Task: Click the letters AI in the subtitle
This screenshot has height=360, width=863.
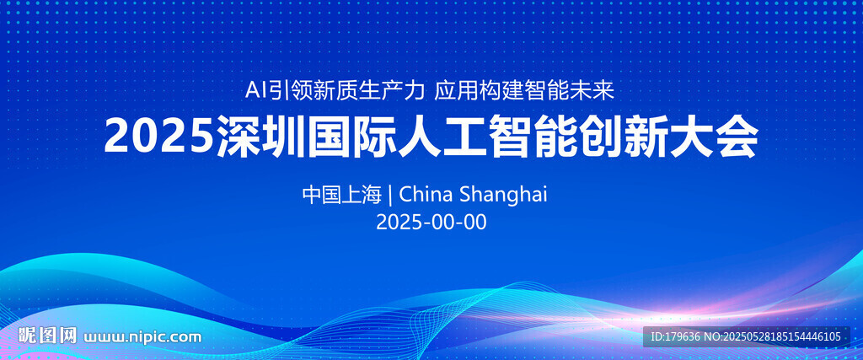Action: [256, 91]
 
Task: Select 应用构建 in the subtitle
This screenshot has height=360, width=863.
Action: [479, 91]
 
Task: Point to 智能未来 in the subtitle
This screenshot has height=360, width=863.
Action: [569, 91]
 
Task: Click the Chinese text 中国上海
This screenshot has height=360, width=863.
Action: [342, 194]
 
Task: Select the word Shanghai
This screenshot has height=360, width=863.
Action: [504, 196]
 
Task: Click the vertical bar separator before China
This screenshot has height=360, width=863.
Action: [390, 195]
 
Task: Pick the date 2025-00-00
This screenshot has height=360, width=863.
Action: [431, 223]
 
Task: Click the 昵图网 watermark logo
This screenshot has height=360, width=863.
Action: [47, 336]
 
